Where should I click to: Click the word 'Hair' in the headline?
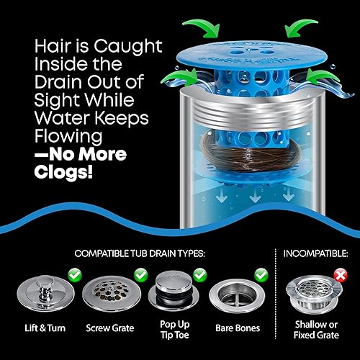35,46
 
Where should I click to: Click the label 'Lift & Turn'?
37,328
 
